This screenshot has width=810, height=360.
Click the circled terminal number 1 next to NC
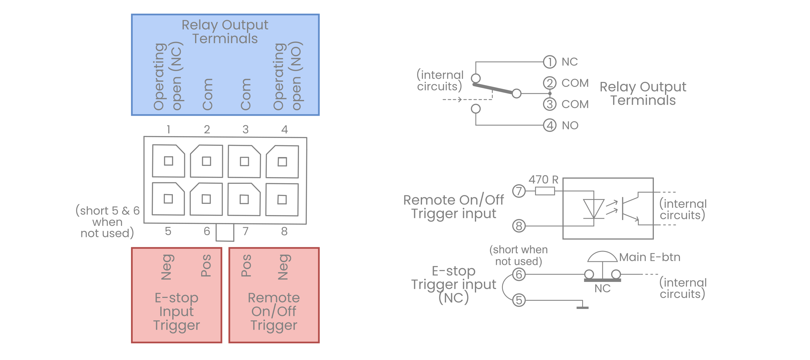tap(549, 62)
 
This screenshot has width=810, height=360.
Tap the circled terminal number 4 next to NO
tap(549, 125)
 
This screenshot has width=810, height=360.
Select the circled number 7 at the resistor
tap(519, 191)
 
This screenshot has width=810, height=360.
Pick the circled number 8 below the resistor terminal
tap(519, 226)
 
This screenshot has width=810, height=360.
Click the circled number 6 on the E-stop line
tap(519, 274)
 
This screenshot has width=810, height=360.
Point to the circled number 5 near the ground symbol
tap(519, 300)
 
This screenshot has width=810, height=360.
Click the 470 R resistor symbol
tap(545, 191)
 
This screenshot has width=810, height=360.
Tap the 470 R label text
tap(543, 180)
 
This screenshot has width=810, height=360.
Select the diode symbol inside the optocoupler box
tap(593, 208)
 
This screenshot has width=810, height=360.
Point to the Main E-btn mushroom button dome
tap(602, 257)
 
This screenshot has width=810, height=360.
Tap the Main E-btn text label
tap(650, 257)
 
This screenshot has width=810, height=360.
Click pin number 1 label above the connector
tap(169, 129)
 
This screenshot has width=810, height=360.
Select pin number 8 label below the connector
tap(284, 231)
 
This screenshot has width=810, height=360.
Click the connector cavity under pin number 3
tap(244, 161)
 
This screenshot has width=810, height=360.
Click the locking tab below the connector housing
tap(225, 232)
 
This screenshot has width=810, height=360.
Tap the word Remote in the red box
tap(274, 298)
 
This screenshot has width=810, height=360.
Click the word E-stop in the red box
tap(177, 298)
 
